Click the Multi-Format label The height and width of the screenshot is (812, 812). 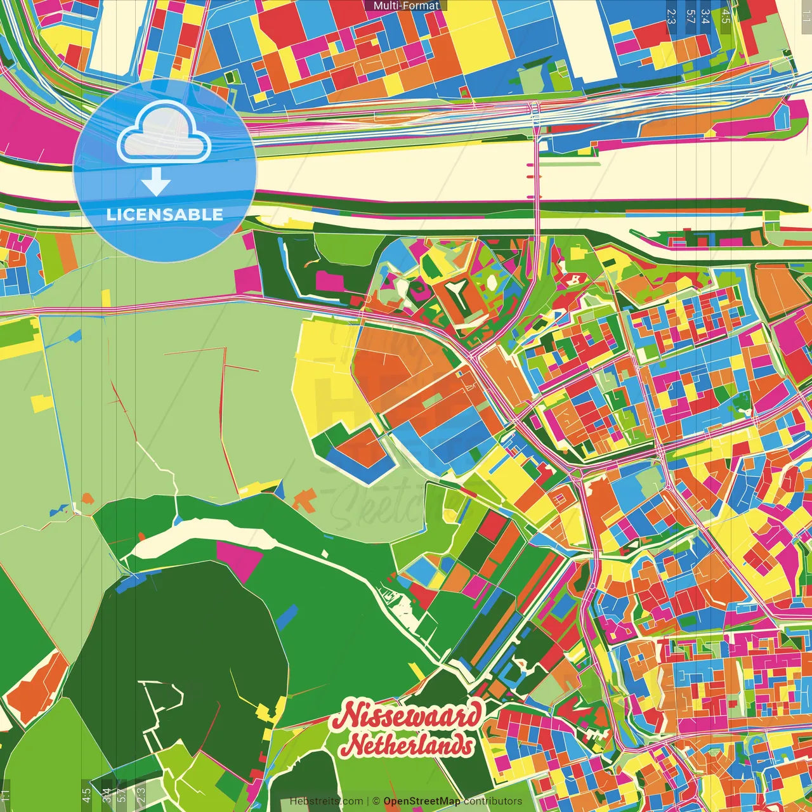[405, 6]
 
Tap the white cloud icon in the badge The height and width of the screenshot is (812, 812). [164, 134]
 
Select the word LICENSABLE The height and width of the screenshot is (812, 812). [164, 214]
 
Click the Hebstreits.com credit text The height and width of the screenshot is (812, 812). [326, 801]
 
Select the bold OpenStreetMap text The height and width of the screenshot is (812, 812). [422, 801]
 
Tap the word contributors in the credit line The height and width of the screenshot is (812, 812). [493, 801]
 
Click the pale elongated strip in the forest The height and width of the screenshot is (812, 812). [203, 537]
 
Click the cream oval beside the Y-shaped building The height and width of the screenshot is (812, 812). [402, 289]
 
